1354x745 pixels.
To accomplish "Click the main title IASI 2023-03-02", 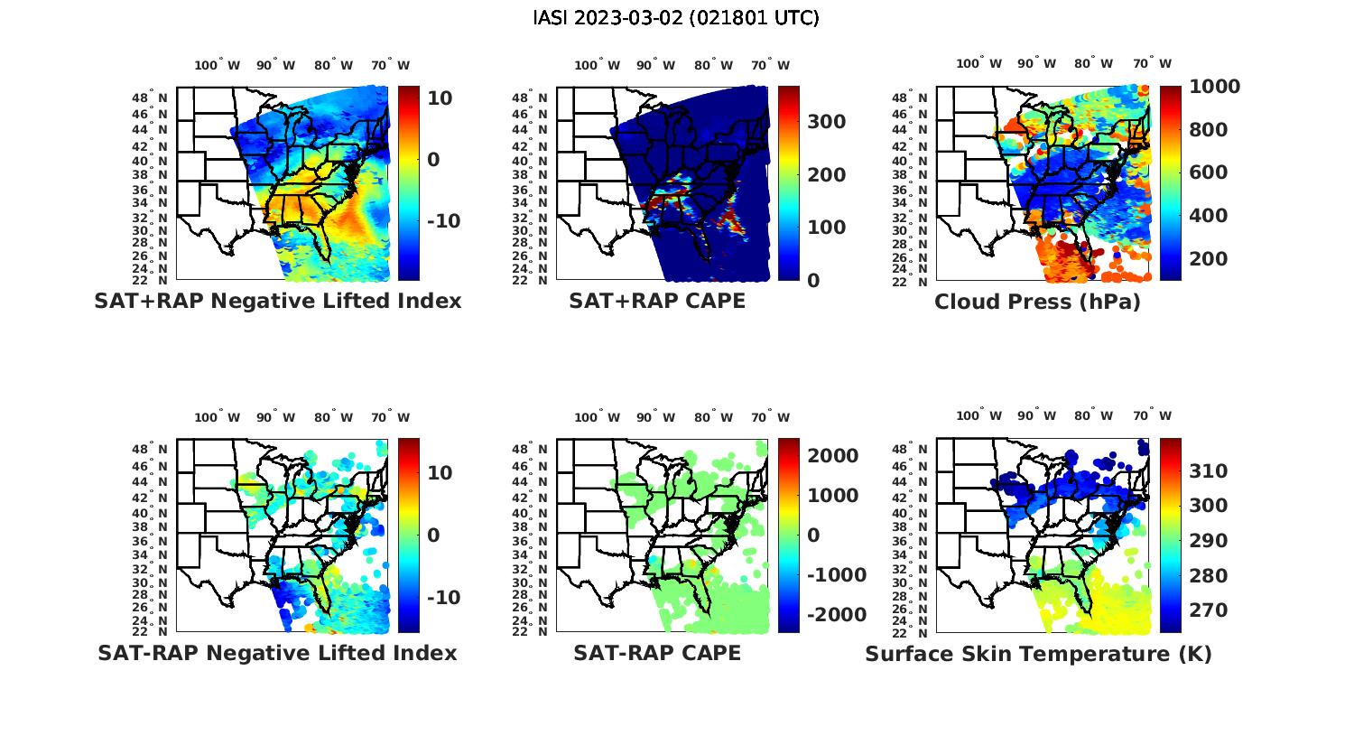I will coord(676,18).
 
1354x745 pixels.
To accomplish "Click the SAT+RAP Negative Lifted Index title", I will coord(277,302).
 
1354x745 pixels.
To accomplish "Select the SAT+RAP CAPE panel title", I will coord(657,302).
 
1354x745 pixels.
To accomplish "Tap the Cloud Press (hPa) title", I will coord(1037,302).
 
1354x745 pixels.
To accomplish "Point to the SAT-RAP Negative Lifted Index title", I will coord(277,653).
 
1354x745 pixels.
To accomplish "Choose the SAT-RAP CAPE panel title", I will coord(657,653).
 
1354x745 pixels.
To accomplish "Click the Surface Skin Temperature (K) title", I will coord(1038,654).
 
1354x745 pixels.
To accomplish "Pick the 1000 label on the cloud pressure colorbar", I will coord(1214,87).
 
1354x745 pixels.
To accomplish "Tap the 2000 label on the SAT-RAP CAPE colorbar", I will coord(833,456).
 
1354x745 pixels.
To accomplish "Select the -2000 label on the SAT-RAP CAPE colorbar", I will coord(837,615).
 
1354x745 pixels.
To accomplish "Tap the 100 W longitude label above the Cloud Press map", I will coord(979,64).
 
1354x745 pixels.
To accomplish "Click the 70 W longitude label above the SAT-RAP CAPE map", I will coord(770,417).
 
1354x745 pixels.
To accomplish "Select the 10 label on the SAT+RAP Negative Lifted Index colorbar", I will coord(440,98).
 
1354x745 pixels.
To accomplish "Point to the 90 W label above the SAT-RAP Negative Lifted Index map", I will coord(275,417).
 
